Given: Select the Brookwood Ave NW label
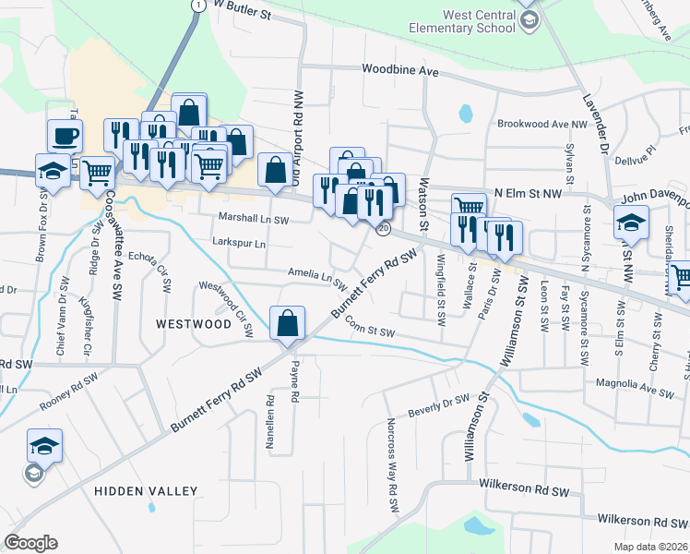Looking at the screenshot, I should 541,124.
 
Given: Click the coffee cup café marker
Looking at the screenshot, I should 65,137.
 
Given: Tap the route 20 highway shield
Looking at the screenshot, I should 384,227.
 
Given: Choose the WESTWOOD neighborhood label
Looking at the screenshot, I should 193,324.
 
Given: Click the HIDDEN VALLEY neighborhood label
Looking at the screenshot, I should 146,491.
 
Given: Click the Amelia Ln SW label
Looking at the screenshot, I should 315,274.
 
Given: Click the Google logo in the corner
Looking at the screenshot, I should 30,542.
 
